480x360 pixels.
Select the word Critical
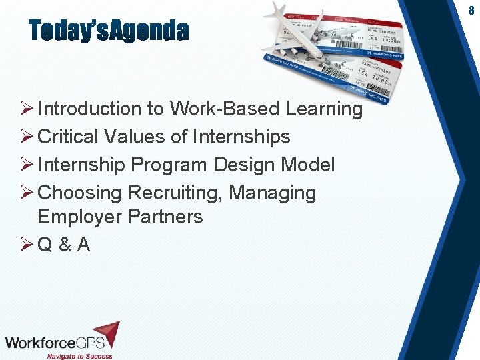67,137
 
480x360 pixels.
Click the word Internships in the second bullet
241,137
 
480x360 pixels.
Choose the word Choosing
80,193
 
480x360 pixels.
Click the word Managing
273,193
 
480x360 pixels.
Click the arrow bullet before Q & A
27,245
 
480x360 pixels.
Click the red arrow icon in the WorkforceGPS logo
107,333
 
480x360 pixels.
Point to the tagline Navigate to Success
79,356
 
